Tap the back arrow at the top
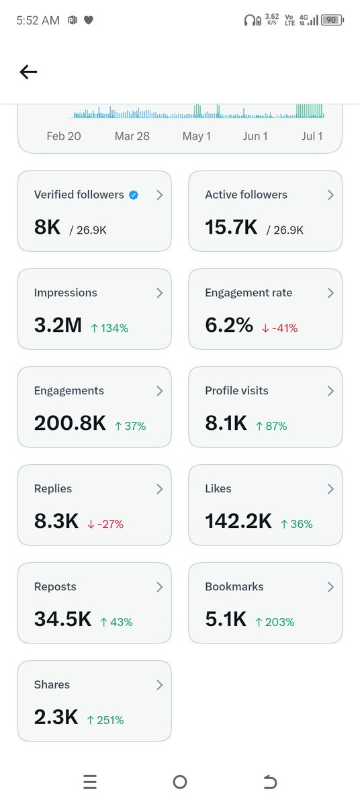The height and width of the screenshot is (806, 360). point(28,72)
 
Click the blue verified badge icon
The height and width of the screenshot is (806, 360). point(134,195)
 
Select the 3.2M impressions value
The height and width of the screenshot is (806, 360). point(58,324)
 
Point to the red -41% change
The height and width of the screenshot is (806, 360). point(280,328)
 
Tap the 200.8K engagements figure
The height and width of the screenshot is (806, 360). point(70,422)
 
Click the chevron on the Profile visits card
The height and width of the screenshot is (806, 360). point(331,391)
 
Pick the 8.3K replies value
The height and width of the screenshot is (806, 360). point(56,521)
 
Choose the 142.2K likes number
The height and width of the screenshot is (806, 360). point(238,521)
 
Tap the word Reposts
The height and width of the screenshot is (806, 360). point(55,586)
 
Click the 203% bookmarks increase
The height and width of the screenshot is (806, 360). point(275,622)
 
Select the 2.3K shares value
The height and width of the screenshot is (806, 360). point(56,717)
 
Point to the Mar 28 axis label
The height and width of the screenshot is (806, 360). point(132,136)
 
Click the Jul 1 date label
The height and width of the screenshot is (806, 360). point(312,136)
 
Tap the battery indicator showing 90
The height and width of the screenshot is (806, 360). point(332,19)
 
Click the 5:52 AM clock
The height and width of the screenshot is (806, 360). point(38,20)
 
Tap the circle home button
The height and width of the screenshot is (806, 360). point(180,782)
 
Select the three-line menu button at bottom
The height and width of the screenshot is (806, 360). point(90,782)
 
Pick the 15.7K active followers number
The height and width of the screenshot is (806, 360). point(231,227)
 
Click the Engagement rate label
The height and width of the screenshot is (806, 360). point(249,293)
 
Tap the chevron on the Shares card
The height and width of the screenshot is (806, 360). point(160,685)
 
